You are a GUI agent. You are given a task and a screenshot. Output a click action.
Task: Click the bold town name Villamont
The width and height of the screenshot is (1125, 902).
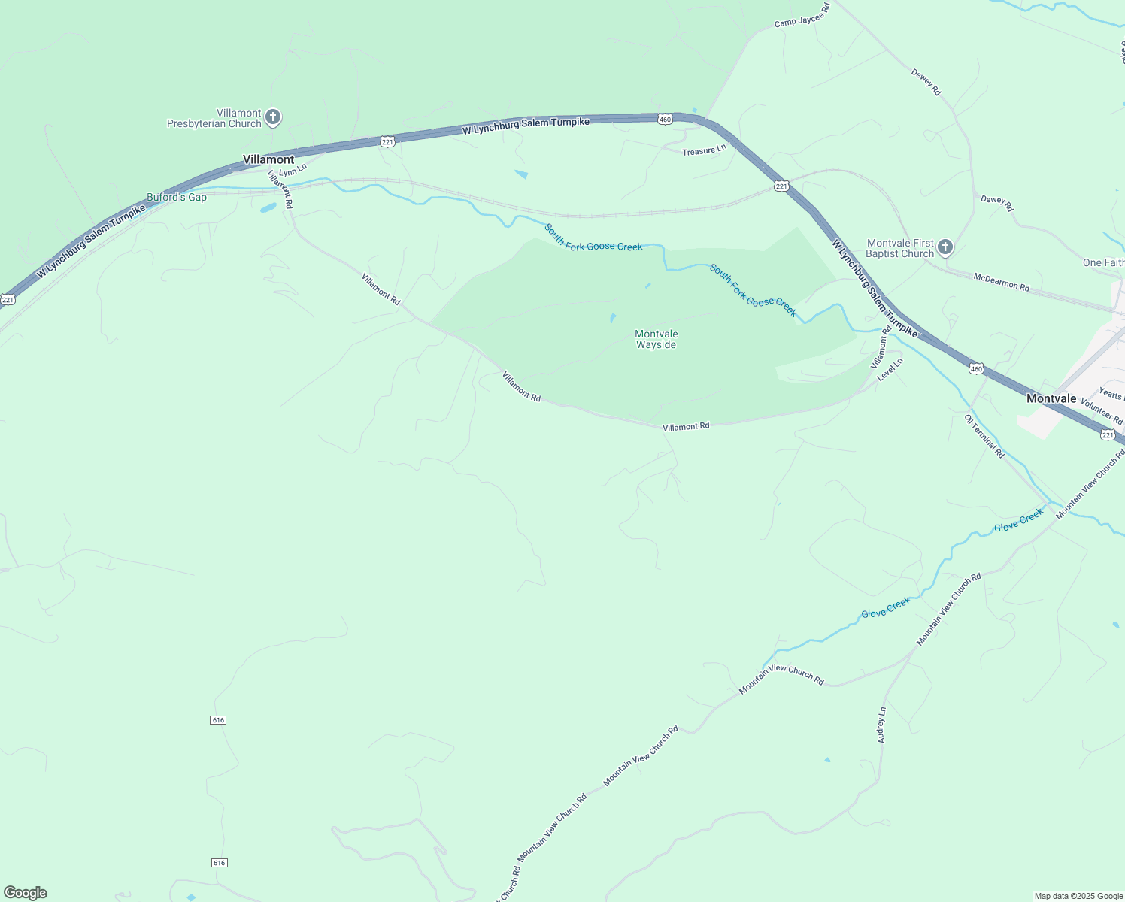coord(268,159)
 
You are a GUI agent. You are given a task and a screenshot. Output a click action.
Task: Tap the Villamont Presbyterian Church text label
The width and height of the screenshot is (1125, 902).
coord(214,119)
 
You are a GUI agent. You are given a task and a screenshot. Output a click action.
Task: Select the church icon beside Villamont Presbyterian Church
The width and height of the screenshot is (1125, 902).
coord(273,117)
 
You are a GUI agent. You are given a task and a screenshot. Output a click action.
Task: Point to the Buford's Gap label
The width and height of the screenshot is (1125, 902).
coord(177,198)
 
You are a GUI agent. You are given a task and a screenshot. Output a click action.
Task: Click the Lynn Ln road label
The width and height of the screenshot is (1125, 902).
coord(293,171)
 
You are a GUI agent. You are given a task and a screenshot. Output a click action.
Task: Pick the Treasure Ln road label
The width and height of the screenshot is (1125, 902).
coord(704,150)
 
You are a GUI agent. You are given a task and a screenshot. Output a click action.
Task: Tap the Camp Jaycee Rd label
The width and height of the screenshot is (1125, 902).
coord(802,15)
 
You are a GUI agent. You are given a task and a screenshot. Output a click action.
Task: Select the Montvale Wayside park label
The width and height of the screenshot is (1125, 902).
coord(656,340)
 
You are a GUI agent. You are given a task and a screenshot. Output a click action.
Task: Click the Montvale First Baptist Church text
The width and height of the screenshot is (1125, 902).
coord(899,249)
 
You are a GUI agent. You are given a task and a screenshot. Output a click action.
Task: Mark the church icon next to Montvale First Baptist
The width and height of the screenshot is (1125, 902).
coord(945,247)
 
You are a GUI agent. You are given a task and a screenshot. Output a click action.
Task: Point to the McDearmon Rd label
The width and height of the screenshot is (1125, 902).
coord(1001,282)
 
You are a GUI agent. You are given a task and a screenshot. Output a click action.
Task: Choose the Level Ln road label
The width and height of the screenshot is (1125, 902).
coord(890,368)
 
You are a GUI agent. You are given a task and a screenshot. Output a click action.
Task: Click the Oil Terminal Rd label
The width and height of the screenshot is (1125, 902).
coord(984,436)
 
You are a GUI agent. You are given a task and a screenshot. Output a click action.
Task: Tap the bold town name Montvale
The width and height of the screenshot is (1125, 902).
coord(1051,398)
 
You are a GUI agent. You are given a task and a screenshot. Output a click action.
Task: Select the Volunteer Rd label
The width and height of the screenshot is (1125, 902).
coord(1101,412)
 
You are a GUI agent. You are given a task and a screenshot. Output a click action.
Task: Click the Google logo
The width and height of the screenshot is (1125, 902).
coord(26,893)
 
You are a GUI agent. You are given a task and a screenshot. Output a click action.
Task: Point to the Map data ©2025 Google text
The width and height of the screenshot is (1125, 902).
coord(1078,896)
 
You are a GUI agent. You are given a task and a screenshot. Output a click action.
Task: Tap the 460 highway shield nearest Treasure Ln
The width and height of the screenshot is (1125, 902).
coord(664,120)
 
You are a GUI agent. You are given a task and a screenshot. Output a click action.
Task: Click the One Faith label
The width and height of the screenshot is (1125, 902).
coord(1103,262)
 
